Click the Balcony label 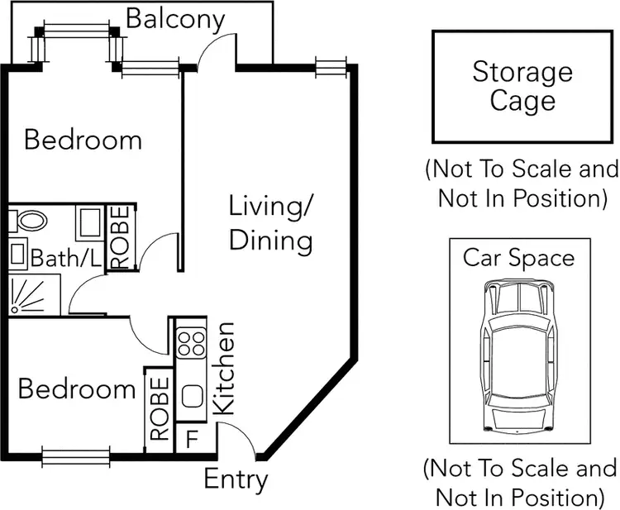point(175,18)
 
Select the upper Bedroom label point(83,139)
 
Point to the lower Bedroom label point(76,388)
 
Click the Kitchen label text point(224,369)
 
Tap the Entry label point(236,479)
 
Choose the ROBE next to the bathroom point(120,237)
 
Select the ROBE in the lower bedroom point(160,409)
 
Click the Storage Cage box point(522,87)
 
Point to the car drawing point(518,355)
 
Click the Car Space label point(518,257)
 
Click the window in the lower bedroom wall point(75,456)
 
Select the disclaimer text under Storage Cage point(522,184)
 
